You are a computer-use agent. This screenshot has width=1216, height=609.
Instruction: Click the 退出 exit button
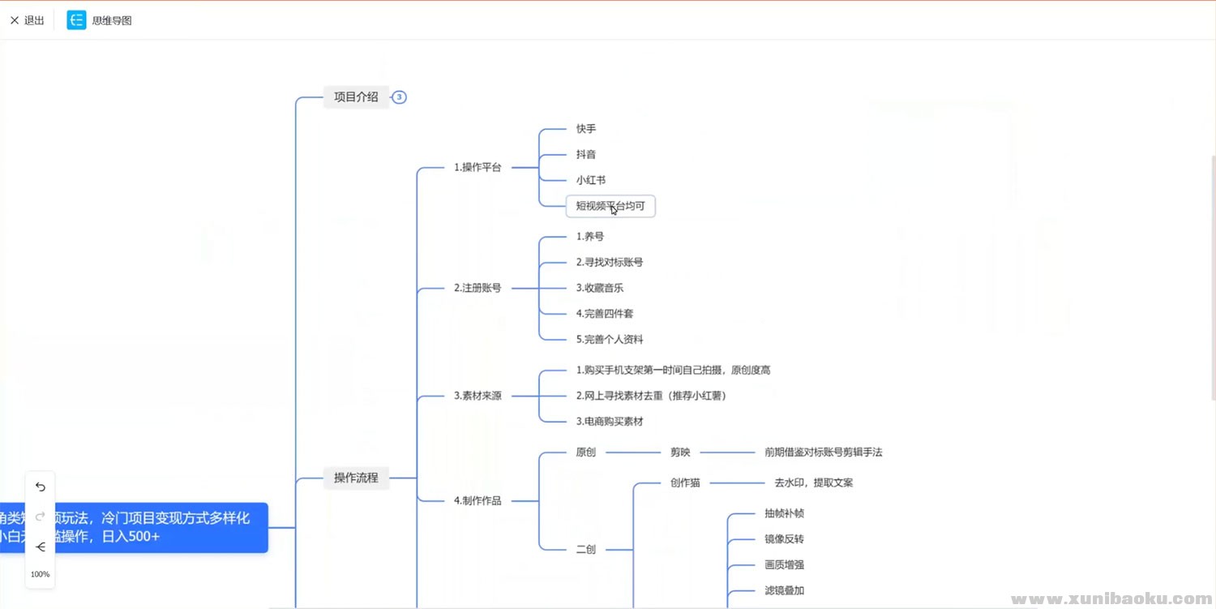[27, 20]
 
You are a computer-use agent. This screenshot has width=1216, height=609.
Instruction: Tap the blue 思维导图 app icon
[76, 20]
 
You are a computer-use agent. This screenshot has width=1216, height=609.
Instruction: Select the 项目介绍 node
[356, 97]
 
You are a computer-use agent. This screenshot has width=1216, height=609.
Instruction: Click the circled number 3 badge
[399, 97]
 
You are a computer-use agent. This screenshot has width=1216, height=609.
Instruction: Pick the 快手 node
[586, 129]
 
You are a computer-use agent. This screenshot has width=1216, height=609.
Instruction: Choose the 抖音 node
[586, 154]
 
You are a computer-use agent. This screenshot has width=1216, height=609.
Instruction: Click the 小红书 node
[591, 180]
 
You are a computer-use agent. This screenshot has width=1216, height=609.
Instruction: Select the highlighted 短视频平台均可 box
[610, 206]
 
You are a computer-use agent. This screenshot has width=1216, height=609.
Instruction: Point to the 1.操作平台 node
[477, 168]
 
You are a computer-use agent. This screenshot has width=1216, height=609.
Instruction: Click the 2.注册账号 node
[477, 288]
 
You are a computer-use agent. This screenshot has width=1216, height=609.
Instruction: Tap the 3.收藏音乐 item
[600, 288]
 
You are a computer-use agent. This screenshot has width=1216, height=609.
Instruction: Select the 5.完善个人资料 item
[610, 339]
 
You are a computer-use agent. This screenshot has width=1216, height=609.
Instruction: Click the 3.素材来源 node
[477, 396]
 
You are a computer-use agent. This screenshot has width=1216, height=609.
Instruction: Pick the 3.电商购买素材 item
[610, 422]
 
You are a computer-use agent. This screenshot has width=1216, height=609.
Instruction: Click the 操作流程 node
[356, 478]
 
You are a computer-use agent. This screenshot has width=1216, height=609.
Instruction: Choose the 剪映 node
[680, 452]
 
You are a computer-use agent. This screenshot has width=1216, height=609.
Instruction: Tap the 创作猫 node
[685, 482]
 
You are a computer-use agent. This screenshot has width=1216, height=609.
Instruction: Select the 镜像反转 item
[784, 539]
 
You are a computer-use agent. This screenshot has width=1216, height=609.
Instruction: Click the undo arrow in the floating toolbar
[41, 487]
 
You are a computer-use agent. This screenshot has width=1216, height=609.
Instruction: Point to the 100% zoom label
[41, 574]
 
